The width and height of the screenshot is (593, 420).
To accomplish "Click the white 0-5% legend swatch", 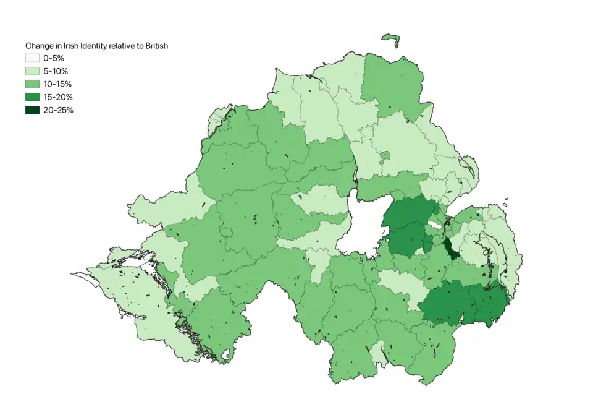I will point(32,58).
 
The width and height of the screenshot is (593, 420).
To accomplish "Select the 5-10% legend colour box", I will point(32,71).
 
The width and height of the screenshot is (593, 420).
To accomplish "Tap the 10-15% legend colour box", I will point(32,84).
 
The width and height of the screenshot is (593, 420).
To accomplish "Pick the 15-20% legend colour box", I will point(32,97).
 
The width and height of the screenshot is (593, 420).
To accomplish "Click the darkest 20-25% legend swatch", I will point(32,110).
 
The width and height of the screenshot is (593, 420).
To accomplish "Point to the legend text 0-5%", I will point(54,58).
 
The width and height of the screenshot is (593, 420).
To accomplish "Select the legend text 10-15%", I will point(58,84).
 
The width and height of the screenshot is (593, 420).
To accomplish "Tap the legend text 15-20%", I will point(58,97).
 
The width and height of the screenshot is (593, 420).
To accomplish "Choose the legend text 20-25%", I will point(58,110).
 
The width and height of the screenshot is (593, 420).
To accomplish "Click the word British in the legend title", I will point(155,46).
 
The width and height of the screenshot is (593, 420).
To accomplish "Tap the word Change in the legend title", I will point(40,46).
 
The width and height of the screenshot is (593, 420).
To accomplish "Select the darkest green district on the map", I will point(450,249).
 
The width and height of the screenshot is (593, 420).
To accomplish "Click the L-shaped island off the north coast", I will point(391,38).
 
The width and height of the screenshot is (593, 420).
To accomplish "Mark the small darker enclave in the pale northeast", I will point(384,156).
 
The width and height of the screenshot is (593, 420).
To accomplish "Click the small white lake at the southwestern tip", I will point(226,354).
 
